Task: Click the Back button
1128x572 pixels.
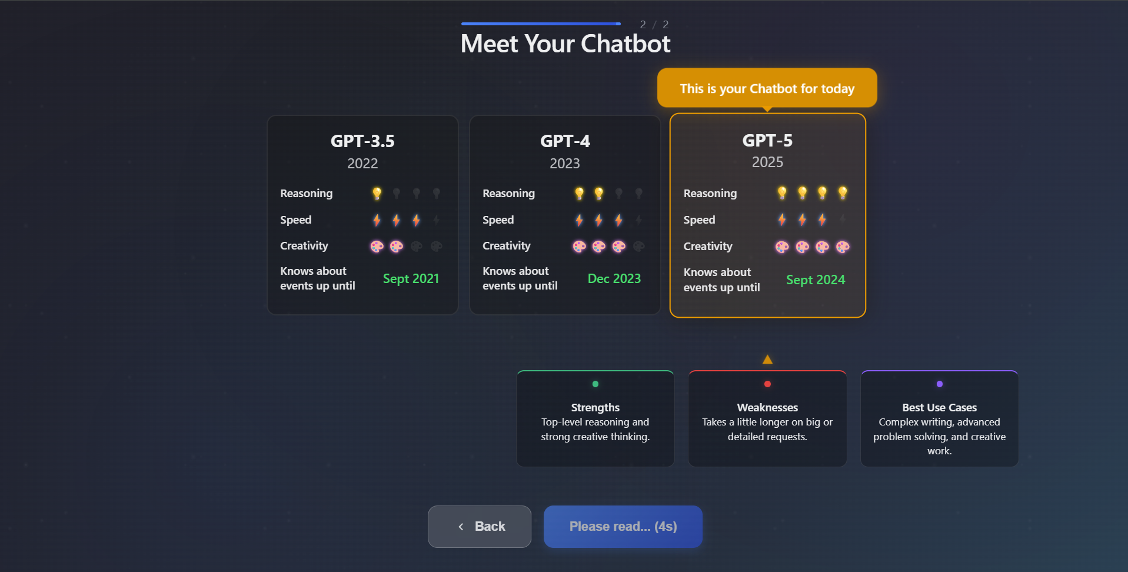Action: coord(480,527)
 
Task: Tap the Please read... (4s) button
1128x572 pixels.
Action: coord(623,527)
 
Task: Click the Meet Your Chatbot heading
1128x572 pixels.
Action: coord(565,44)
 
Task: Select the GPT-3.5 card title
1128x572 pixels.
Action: coord(362,141)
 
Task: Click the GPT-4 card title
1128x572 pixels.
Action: coord(565,141)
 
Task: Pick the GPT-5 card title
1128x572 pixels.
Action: coord(767,141)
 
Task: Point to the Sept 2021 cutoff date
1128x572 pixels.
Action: coord(411,279)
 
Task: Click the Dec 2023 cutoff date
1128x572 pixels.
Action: coord(614,279)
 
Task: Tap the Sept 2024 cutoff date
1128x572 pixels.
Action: coord(816,280)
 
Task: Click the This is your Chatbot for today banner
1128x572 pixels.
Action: coord(767,88)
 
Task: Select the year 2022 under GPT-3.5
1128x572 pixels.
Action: coord(362,164)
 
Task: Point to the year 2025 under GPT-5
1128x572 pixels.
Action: coord(767,162)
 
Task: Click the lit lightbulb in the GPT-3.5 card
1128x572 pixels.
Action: coord(377,193)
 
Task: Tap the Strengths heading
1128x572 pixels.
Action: coord(595,408)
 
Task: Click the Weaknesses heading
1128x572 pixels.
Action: coord(767,408)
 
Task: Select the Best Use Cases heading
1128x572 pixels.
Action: coord(940,408)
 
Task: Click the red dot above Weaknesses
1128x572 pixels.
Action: coord(767,384)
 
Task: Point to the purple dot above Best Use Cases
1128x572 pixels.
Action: coord(940,384)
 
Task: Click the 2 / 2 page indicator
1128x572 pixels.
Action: coord(654,25)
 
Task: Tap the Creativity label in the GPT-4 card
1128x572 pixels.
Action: coord(507,246)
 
